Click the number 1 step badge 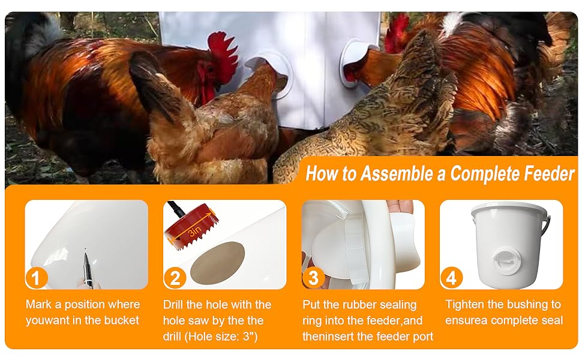[36, 278]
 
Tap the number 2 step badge [175, 278]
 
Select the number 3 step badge [313, 278]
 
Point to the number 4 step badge [452, 278]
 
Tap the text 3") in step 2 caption [246, 336]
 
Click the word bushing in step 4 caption [527, 305]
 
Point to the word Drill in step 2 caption [174, 305]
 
